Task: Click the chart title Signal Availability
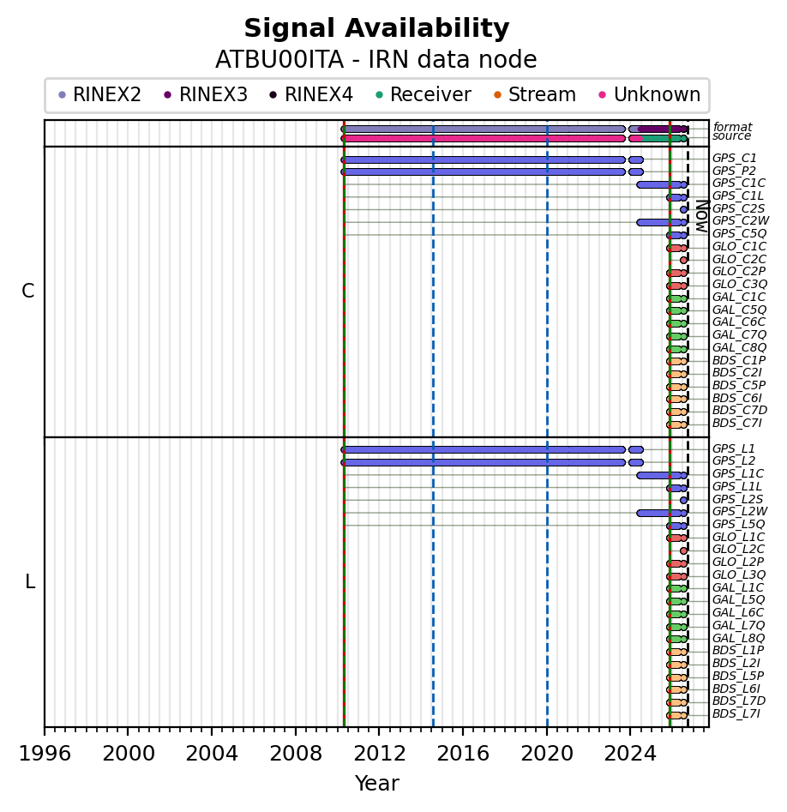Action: coord(376,28)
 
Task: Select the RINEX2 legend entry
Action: coord(99,95)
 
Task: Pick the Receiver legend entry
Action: coord(423,95)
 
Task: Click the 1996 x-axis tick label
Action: coord(45,754)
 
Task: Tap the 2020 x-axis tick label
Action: coord(547,754)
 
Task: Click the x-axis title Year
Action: coord(376,784)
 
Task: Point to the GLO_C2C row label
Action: coord(739,260)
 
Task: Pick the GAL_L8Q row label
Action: coord(738,638)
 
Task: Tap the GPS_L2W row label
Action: coord(740,512)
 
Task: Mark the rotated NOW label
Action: coord(701,216)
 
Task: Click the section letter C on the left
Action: coord(28,292)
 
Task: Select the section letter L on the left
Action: coord(30,582)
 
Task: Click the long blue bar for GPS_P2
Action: coord(484,172)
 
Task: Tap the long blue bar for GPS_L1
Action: coord(484,450)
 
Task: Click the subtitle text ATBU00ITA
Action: coord(279,59)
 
